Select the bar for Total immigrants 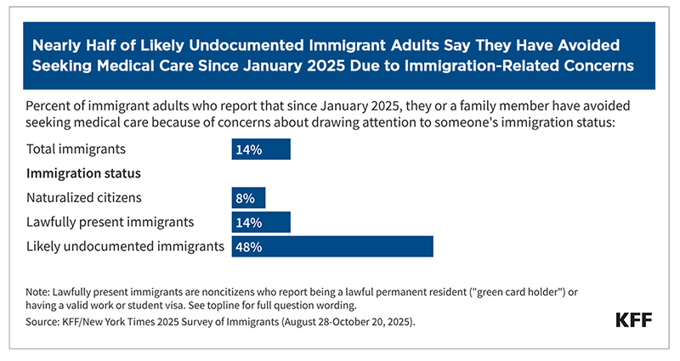261,149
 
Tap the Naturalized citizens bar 248,199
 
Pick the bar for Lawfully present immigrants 261,223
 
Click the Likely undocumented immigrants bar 332,246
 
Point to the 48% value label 247,246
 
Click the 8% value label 244,199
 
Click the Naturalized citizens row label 83,199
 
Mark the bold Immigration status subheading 83,174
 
